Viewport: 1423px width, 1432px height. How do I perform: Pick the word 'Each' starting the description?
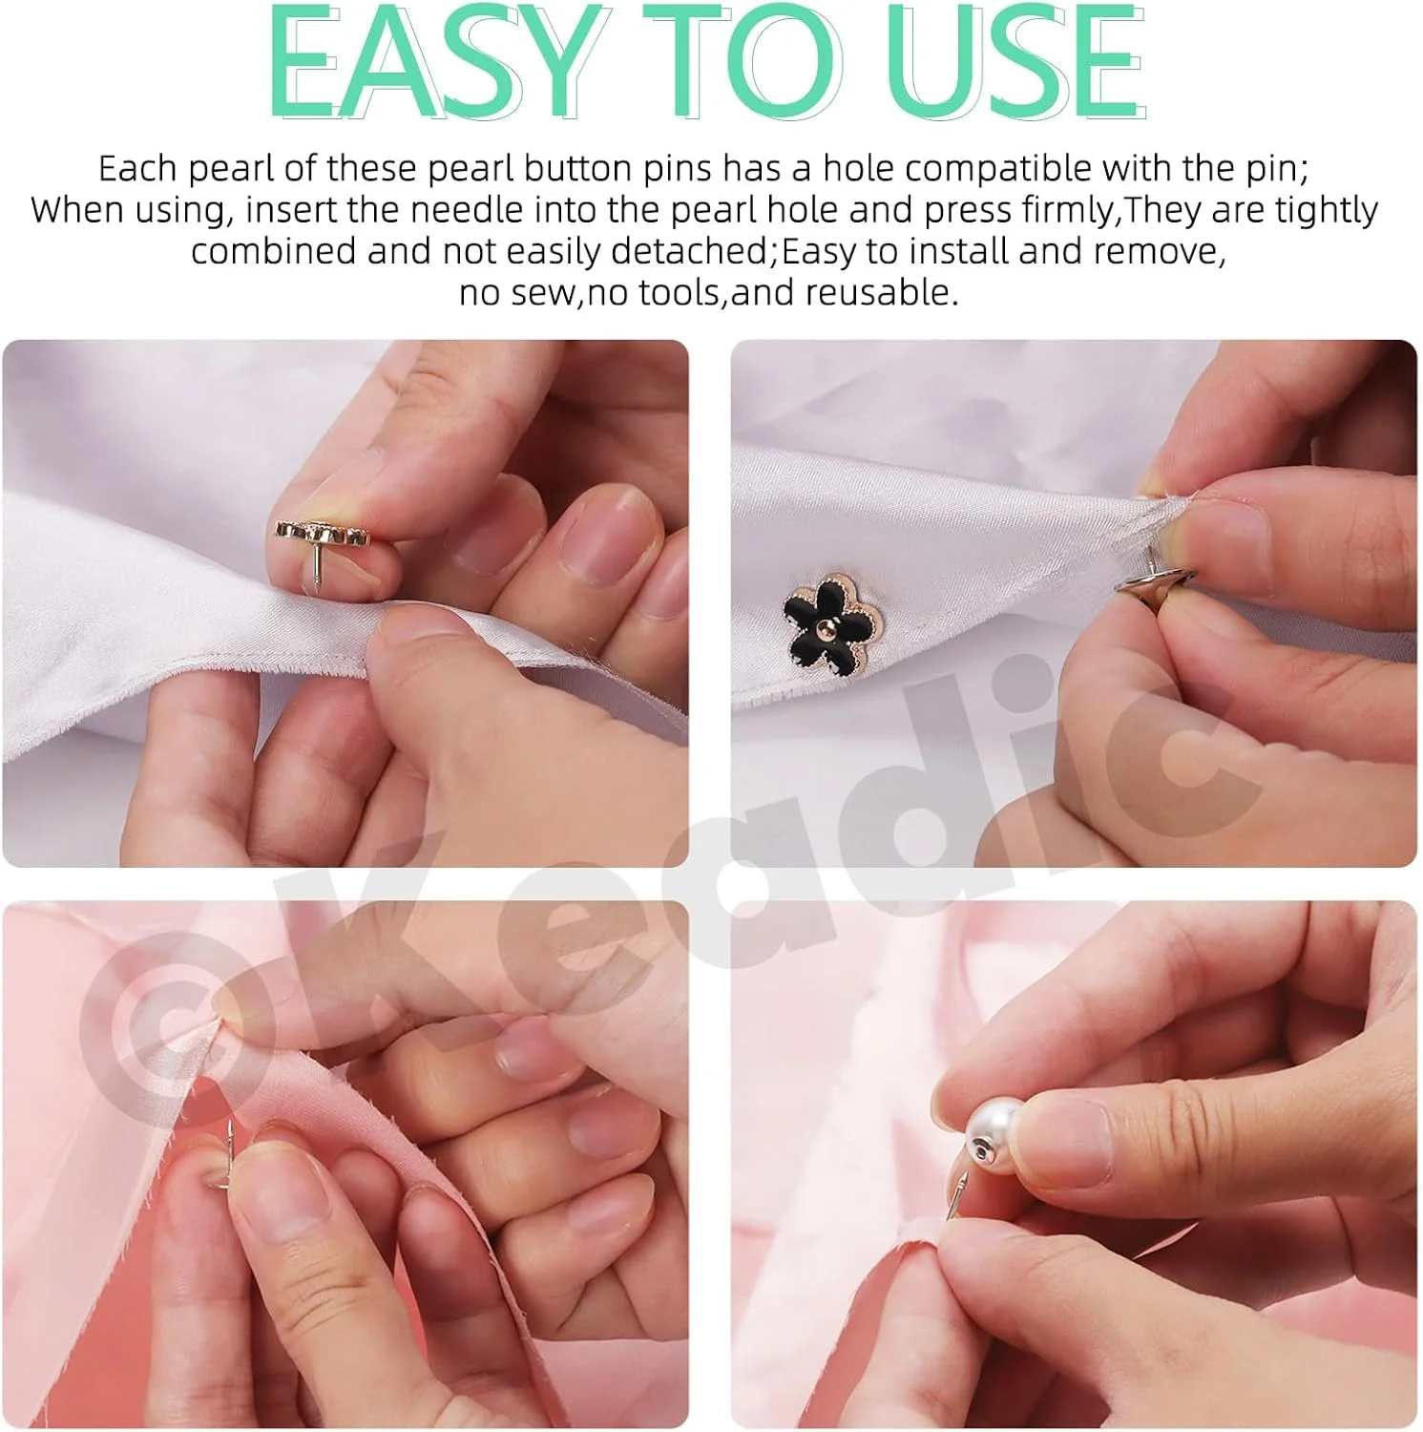click(x=137, y=169)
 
